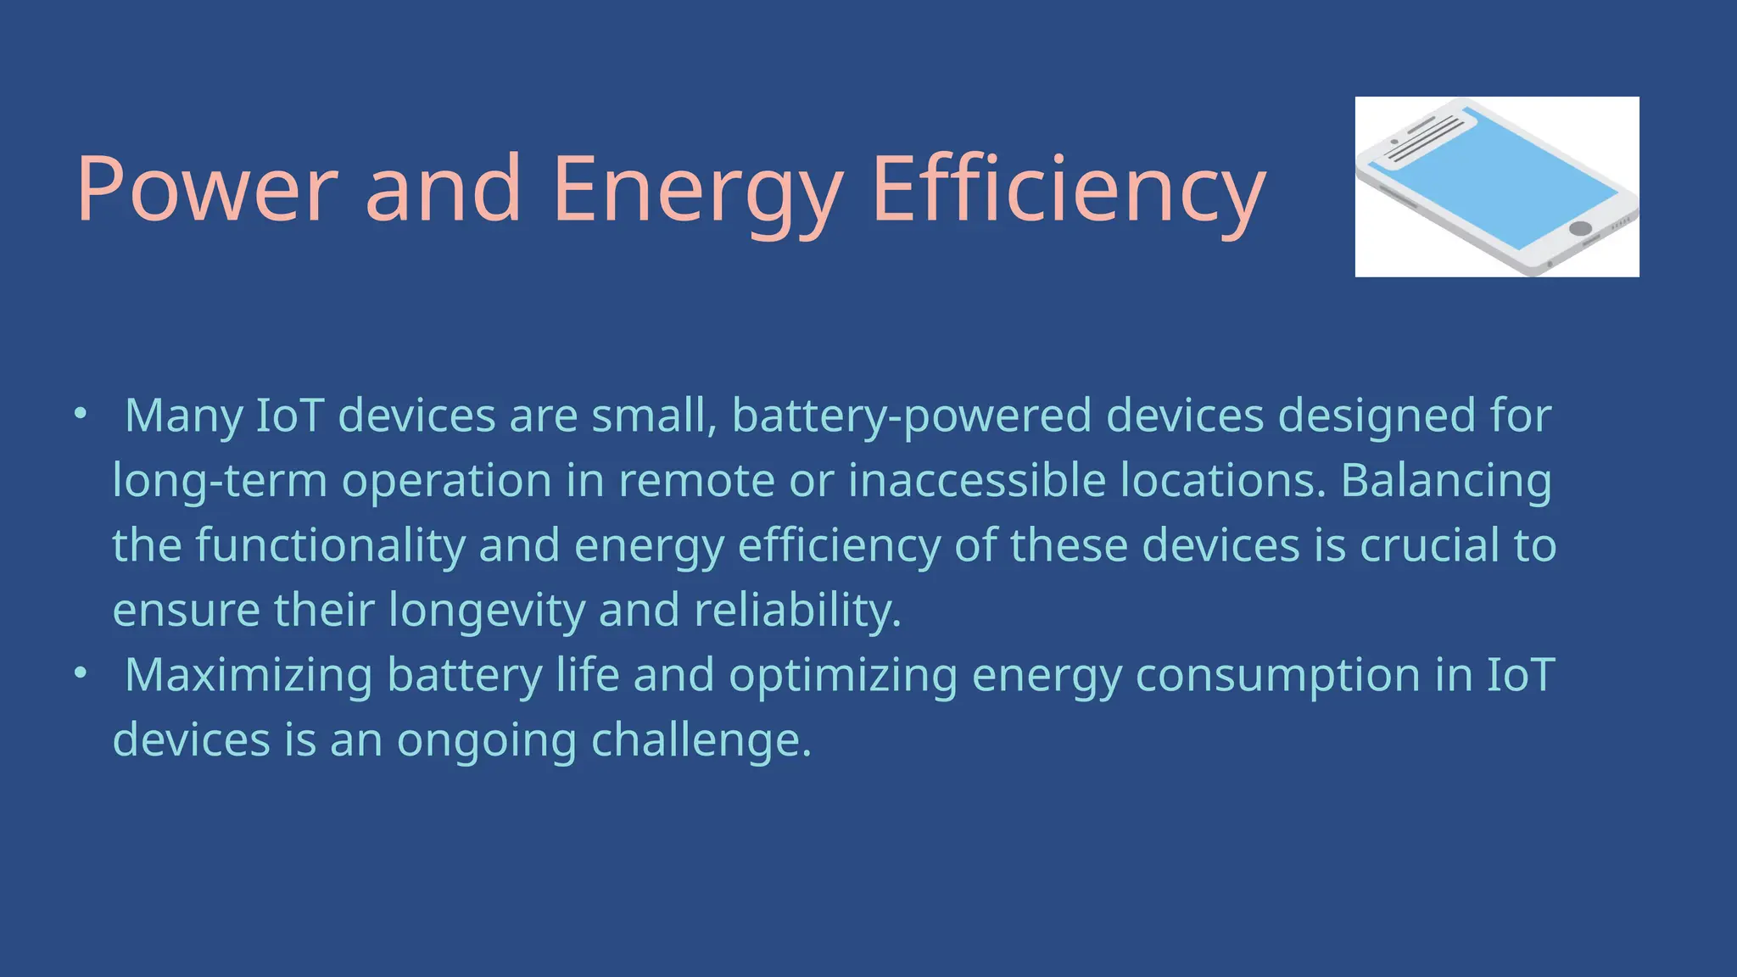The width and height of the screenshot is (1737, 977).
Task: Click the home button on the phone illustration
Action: [1580, 228]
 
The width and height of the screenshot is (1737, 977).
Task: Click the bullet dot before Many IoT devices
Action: [81, 414]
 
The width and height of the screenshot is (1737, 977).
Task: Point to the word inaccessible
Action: [977, 480]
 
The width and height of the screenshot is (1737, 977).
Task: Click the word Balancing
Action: [1446, 480]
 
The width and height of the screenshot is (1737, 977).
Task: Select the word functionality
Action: [331, 545]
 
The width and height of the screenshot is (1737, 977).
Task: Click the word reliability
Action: [797, 611]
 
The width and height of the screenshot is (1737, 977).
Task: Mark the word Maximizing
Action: [249, 675]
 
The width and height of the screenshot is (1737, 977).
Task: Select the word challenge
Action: [701, 740]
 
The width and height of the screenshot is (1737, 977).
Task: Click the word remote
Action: [696, 480]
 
